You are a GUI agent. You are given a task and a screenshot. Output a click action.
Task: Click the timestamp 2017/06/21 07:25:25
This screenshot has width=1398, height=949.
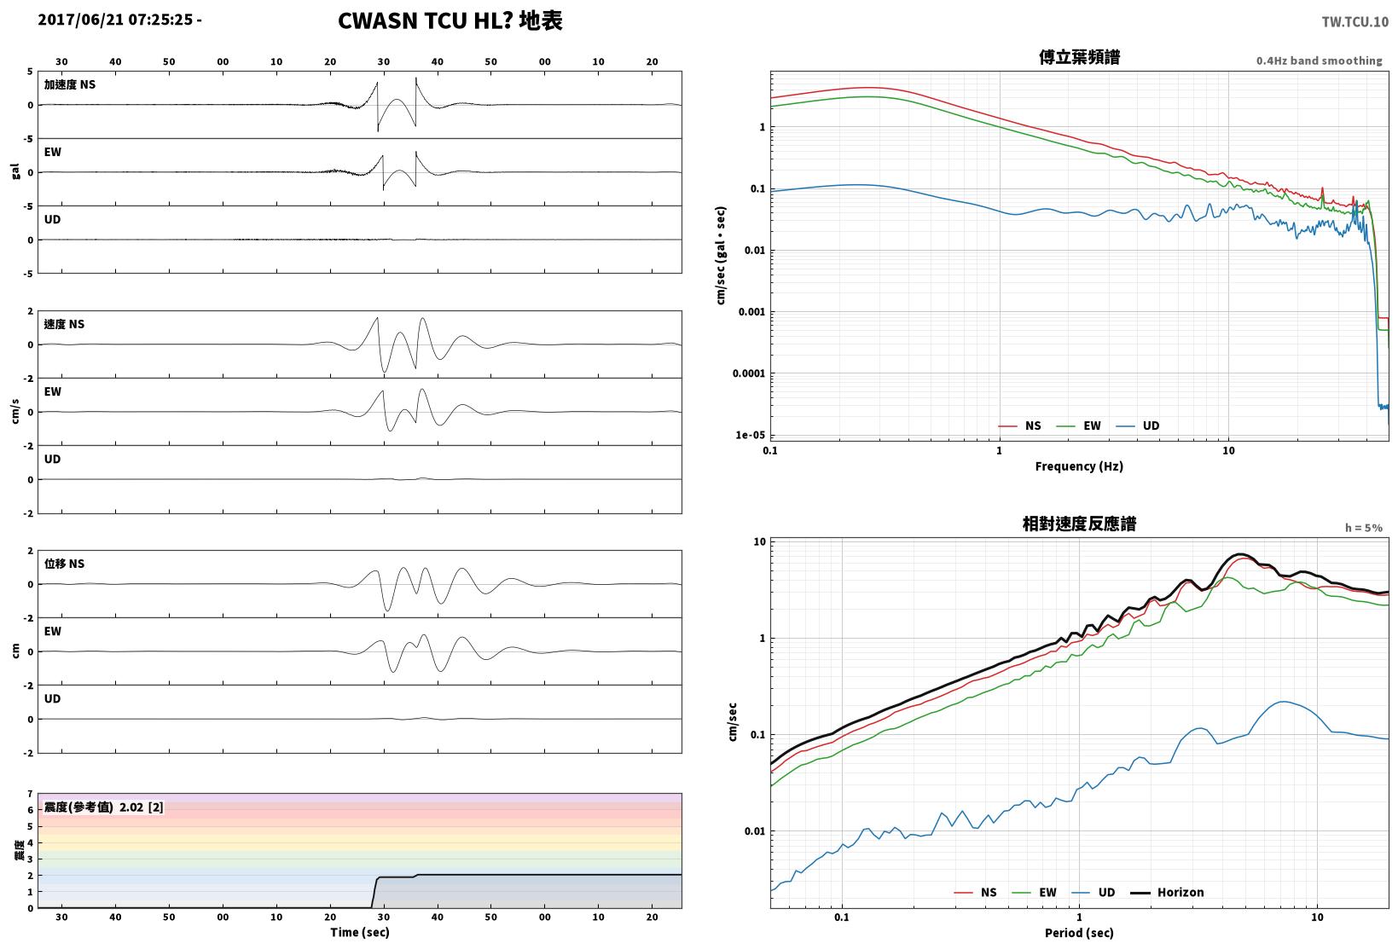pyautogui.click(x=115, y=20)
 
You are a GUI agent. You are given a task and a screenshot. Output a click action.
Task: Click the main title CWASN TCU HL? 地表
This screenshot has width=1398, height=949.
pyautogui.click(x=450, y=20)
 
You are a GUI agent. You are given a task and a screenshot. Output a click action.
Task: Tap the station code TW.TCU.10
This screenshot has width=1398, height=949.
pyautogui.click(x=1355, y=22)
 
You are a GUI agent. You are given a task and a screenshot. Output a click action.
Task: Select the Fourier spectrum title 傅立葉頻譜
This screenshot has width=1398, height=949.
pyautogui.click(x=1079, y=57)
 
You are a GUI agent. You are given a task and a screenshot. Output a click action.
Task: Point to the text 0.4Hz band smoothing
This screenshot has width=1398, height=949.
pyautogui.click(x=1320, y=61)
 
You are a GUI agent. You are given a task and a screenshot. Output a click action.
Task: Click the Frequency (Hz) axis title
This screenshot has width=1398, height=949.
pyautogui.click(x=1079, y=466)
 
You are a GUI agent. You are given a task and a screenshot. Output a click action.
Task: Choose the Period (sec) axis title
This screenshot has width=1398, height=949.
pyautogui.click(x=1079, y=933)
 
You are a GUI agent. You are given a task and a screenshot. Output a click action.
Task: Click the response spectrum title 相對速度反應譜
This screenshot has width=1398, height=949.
pyautogui.click(x=1079, y=524)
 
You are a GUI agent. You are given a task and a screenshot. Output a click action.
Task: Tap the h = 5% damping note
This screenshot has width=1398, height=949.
pyautogui.click(x=1364, y=528)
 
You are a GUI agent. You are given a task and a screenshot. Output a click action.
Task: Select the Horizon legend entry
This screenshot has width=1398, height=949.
pyautogui.click(x=1167, y=892)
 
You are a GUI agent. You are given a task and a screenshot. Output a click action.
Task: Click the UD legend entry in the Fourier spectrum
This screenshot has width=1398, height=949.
pyautogui.click(x=1138, y=425)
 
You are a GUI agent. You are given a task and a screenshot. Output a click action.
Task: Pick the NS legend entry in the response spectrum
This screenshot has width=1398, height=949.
pyautogui.click(x=976, y=892)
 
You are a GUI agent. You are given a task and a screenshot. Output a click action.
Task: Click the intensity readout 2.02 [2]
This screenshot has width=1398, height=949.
pyautogui.click(x=142, y=807)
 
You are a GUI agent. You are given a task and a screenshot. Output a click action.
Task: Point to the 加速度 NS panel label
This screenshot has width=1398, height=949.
pyautogui.click(x=70, y=84)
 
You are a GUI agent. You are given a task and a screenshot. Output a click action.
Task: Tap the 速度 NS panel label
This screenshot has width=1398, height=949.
pyautogui.click(x=64, y=324)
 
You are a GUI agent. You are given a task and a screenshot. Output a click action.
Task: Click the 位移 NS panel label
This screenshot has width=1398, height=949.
pyautogui.click(x=64, y=564)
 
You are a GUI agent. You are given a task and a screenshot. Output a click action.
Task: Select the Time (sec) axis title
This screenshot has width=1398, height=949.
pyautogui.click(x=359, y=932)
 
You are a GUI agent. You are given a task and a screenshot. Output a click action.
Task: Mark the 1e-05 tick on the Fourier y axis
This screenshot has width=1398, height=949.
pyautogui.click(x=750, y=435)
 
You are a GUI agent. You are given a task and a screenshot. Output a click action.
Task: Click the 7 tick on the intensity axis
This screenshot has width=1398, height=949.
pyautogui.click(x=30, y=794)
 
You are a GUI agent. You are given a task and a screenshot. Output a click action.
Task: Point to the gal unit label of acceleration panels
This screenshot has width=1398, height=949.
pyautogui.click(x=15, y=171)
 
